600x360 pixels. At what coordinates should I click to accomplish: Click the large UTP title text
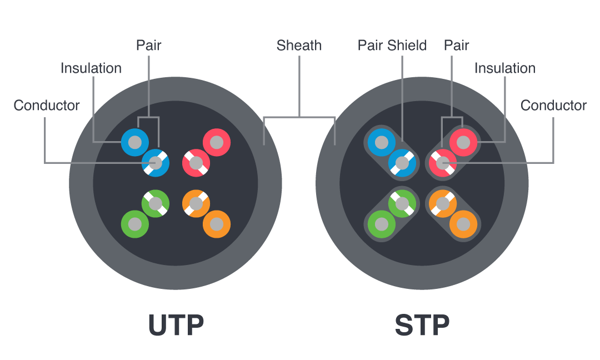[x=176, y=326]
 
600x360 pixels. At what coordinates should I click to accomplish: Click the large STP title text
[x=422, y=326]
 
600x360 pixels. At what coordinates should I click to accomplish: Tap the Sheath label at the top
[x=299, y=46]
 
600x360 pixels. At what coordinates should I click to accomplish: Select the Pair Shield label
[x=392, y=46]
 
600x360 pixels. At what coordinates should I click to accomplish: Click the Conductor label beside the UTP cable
[x=47, y=106]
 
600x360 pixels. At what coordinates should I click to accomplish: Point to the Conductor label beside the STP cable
[x=553, y=106]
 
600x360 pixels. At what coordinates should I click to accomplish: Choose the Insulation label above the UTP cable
[x=91, y=68]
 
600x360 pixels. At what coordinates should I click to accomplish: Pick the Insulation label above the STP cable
[x=504, y=68]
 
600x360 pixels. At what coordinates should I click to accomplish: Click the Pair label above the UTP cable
[x=148, y=46]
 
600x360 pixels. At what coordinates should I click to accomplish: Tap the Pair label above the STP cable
[x=456, y=46]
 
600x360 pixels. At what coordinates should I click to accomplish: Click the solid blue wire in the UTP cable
[x=134, y=143]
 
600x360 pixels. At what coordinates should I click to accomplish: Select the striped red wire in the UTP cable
[x=196, y=163]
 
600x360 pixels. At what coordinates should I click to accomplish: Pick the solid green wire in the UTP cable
[x=135, y=224]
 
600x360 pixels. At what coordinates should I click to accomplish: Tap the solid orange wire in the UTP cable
[x=217, y=224]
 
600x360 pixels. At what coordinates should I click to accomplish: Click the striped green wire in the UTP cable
[x=156, y=204]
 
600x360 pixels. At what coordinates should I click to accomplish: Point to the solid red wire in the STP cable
[x=463, y=143]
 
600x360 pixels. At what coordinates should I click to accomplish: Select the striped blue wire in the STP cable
[x=402, y=163]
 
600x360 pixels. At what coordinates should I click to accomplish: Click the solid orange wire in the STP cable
[x=463, y=224]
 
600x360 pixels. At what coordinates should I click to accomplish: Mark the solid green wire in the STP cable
[x=382, y=224]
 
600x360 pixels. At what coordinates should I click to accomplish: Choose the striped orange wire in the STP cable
[x=443, y=204]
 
